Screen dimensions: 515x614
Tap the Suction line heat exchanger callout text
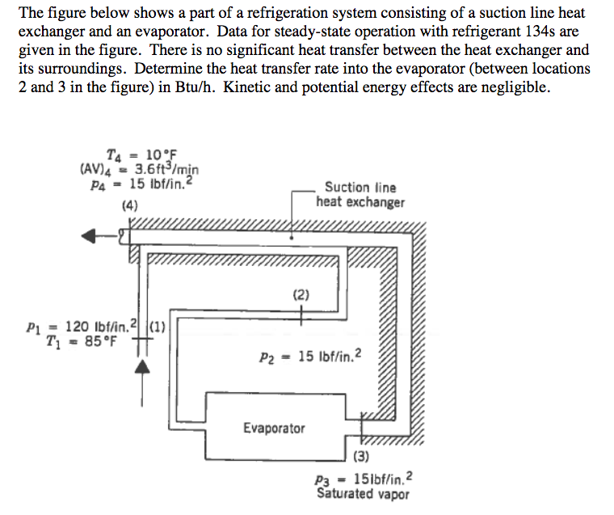tap(360, 195)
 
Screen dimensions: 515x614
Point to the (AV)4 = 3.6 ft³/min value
tap(140, 168)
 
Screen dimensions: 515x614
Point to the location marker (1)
tap(157, 327)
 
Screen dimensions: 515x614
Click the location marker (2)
tap(301, 295)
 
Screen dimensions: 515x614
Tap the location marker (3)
tap(361, 458)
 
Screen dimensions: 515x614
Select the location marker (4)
tap(129, 205)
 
